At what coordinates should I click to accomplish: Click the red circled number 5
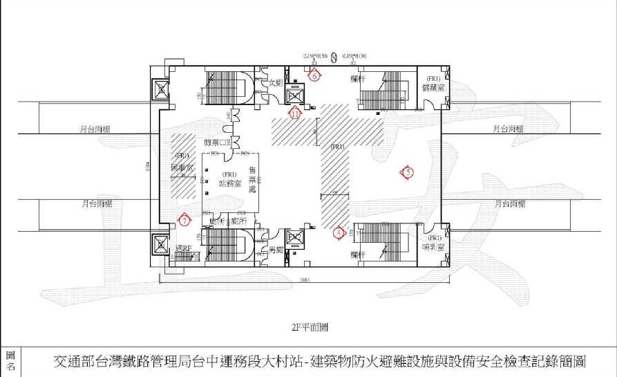[408, 172]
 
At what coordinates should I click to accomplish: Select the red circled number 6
[314, 76]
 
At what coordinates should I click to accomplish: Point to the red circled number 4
[339, 233]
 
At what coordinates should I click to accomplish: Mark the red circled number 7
[184, 220]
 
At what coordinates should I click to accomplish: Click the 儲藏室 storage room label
[435, 87]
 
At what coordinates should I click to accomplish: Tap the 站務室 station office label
[229, 183]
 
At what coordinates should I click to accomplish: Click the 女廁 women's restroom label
[276, 82]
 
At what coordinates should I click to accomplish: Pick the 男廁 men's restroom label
[276, 248]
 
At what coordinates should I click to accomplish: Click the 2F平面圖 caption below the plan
[308, 324]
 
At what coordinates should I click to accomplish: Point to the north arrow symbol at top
[333, 56]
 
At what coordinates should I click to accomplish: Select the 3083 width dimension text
[305, 280]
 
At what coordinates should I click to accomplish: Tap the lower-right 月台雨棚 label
[511, 204]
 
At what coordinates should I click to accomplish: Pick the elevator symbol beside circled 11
[296, 95]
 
